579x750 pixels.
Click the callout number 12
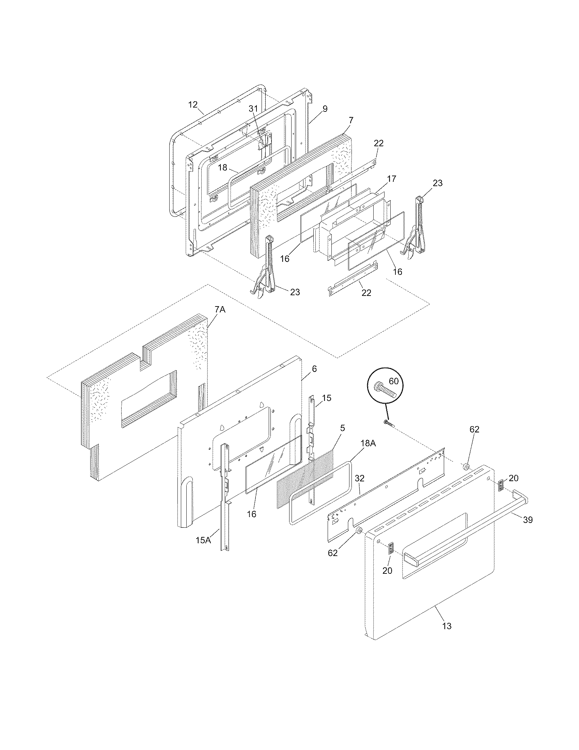(x=193, y=104)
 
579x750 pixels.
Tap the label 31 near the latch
(x=253, y=108)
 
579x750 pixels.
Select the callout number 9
(x=325, y=109)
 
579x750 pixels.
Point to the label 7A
(x=220, y=310)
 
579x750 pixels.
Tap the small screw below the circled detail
(x=389, y=423)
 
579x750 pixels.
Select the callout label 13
(x=447, y=626)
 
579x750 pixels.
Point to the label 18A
(x=368, y=443)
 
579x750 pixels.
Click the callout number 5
(x=342, y=428)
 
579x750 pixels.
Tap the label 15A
(x=203, y=540)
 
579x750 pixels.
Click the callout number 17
(x=392, y=179)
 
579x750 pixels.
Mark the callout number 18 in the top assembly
(x=223, y=167)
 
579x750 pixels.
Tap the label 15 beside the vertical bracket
(x=327, y=398)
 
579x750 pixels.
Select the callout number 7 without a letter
(x=350, y=120)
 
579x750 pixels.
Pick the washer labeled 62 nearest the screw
(x=466, y=466)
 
